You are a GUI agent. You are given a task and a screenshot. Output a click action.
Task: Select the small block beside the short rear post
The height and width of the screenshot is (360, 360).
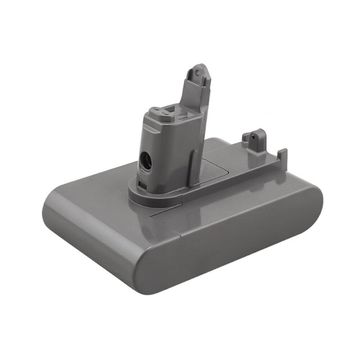coord(246,139)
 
